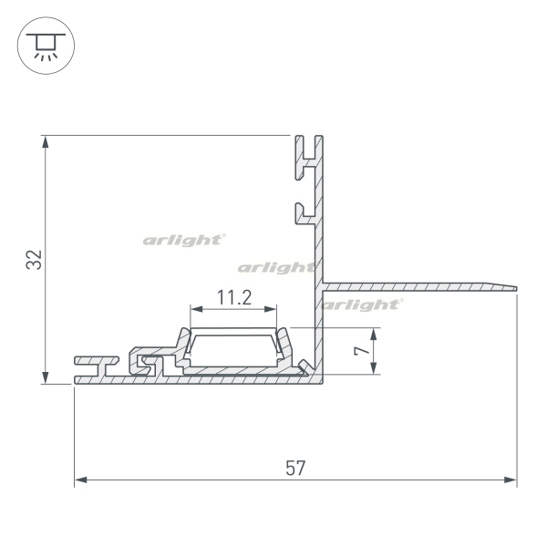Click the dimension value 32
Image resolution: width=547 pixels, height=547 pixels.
[34, 260]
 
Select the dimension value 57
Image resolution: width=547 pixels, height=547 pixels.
[295, 469]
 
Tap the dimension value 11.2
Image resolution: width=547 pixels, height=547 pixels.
[234, 298]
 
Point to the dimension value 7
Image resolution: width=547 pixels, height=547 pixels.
[362, 351]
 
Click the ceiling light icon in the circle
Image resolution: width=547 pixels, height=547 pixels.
[46, 46]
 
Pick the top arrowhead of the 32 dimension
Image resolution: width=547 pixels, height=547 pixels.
[46, 142]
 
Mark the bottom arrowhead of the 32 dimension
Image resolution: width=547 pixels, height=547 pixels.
[46, 377]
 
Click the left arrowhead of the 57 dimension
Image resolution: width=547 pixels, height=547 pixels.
[81, 480]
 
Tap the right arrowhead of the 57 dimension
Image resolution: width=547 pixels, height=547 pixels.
[510, 480]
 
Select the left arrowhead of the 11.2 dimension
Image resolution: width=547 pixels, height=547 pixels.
[197, 309]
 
